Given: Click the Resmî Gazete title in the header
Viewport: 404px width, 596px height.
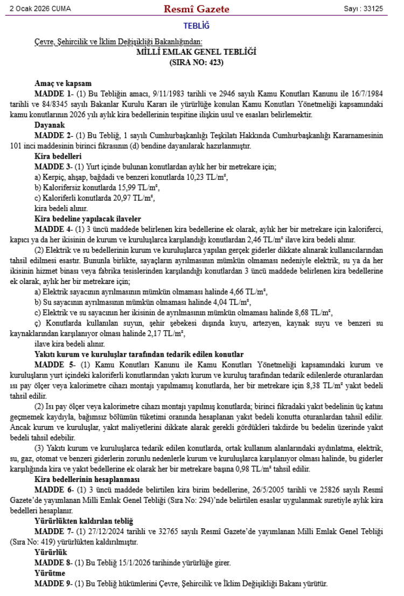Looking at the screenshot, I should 197,9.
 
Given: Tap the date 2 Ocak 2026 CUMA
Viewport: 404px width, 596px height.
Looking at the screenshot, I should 40,9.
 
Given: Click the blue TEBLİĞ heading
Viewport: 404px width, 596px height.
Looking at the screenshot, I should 196,26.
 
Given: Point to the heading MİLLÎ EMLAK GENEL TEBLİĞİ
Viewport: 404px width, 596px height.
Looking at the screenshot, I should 196,52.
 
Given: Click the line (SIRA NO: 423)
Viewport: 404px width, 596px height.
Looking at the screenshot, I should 196,62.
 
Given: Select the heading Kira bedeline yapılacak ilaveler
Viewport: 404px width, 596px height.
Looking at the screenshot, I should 87,218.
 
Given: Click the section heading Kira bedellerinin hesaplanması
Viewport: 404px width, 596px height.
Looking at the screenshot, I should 87,479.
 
